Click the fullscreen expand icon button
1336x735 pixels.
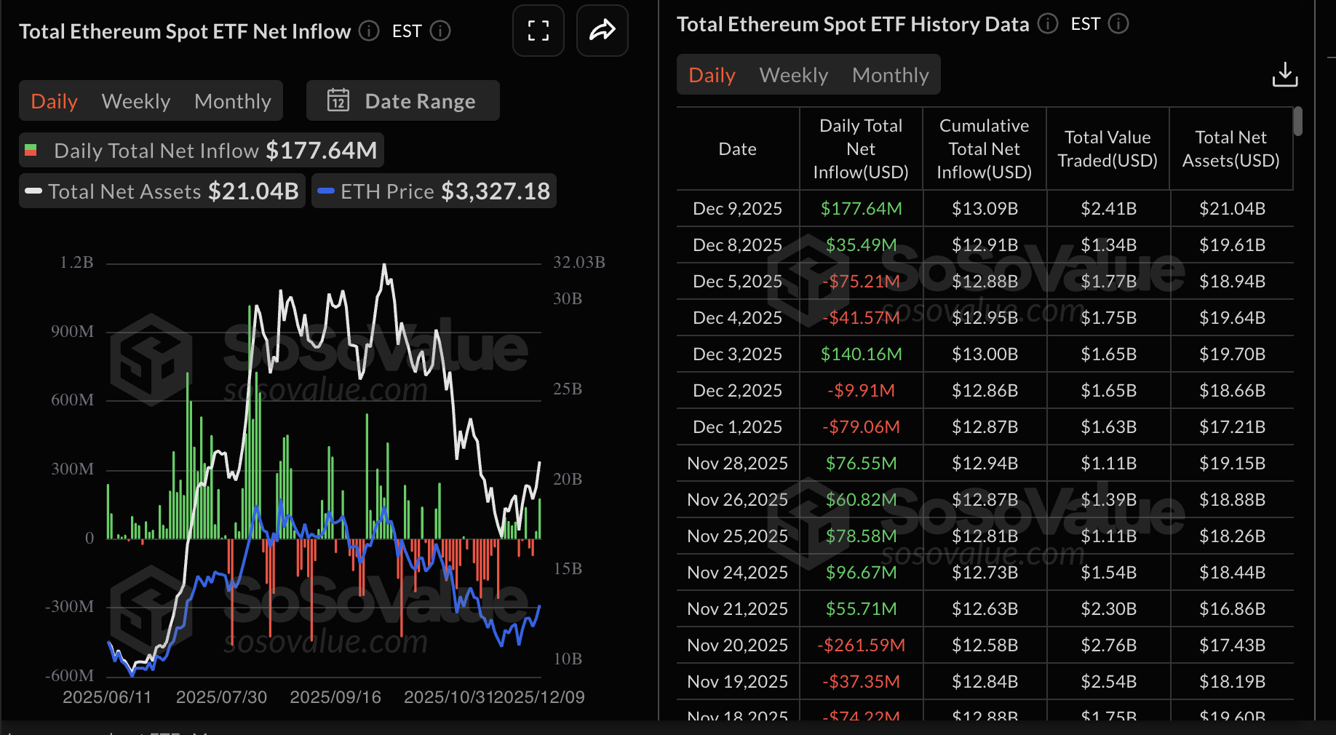point(538,31)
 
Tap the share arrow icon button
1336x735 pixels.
point(602,31)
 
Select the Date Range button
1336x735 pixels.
point(402,101)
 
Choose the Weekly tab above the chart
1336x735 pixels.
point(136,101)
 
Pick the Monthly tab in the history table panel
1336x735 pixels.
point(890,75)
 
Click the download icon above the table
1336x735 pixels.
point(1284,74)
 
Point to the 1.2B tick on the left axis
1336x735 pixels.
point(76,262)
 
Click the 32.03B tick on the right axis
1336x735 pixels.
point(579,262)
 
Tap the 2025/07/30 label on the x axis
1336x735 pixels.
point(221,697)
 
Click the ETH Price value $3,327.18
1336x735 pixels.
point(496,191)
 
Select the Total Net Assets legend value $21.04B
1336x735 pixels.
point(253,191)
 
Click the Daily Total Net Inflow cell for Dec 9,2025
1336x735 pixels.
point(861,209)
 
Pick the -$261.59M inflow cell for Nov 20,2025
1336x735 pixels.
point(861,645)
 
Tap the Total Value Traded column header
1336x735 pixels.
point(1107,149)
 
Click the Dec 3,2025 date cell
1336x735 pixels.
point(737,354)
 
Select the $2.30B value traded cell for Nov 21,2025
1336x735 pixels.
point(1108,609)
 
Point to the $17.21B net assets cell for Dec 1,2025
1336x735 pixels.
point(1232,427)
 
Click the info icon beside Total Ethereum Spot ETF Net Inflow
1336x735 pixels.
point(370,31)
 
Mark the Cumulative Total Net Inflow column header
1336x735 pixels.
point(984,149)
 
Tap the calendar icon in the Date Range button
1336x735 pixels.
point(338,100)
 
